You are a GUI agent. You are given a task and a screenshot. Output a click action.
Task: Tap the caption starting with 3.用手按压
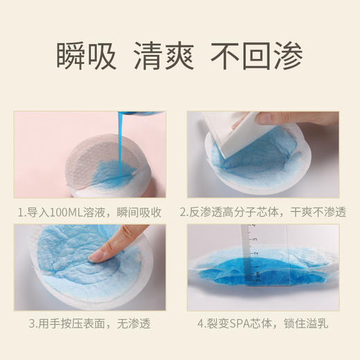pos(90,323)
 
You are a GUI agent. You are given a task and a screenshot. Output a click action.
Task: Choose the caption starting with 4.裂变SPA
pos(264,323)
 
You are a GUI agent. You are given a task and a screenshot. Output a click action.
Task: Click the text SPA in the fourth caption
pos(243,323)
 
